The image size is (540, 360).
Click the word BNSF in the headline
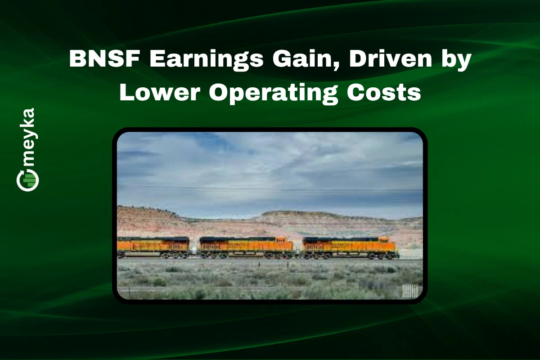[104, 59]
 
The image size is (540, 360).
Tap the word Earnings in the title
[207, 60]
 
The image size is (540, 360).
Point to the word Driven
[390, 58]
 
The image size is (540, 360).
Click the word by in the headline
[456, 60]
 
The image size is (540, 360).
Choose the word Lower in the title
[160, 92]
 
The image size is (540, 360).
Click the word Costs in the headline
[383, 92]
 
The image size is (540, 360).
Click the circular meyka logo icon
[27, 180]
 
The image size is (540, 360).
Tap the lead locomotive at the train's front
[351, 247]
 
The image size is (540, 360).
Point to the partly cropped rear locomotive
[153, 247]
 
